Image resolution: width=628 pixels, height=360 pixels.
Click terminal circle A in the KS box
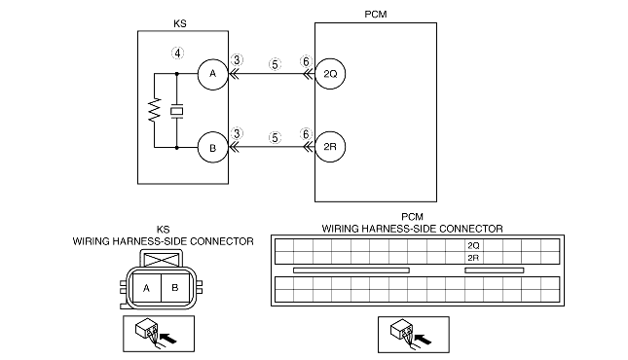212,74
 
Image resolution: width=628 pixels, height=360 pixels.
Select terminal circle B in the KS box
212,148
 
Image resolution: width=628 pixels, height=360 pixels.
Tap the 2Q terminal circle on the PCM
330,74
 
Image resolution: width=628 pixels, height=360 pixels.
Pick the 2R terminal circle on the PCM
330,147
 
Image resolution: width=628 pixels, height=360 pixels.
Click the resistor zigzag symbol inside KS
154,109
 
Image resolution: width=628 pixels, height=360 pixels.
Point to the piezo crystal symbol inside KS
176,111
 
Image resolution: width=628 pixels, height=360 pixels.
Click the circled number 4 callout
178,54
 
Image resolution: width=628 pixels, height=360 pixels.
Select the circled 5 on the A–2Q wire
275,64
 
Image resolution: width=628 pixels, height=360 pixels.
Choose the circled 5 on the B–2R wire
275,138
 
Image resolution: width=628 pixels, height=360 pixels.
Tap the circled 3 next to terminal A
237,60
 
